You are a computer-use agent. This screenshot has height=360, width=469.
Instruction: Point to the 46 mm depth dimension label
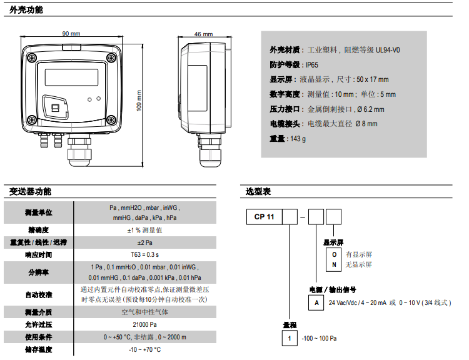(x=203, y=34)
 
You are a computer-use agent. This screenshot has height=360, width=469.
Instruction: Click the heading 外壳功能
(x=26, y=9)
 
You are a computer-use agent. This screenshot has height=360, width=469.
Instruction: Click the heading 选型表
(x=258, y=191)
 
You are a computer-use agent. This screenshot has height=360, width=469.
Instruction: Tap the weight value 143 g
(x=297, y=139)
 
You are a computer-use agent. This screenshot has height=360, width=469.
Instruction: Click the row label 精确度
(x=38, y=230)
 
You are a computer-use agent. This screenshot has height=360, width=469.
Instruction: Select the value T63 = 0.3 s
(x=144, y=254)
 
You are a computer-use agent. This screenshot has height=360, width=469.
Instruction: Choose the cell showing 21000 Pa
(x=144, y=324)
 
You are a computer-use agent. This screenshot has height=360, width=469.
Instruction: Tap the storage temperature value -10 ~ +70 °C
(x=144, y=349)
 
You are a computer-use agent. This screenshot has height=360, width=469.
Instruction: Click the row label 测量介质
(x=38, y=312)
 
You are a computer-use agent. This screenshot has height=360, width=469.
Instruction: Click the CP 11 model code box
(x=265, y=217)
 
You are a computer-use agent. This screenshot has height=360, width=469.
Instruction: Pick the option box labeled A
(x=316, y=302)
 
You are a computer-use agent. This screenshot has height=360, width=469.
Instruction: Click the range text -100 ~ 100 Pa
(x=319, y=338)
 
